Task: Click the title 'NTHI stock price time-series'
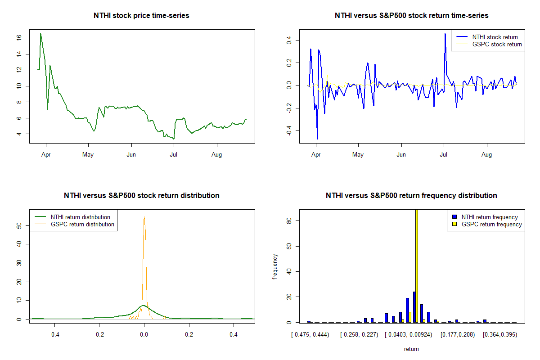coord(141,15)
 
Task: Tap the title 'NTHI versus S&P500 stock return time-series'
coord(411,15)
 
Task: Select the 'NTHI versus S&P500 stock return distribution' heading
coord(141,195)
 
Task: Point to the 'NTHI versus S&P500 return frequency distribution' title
coord(411,195)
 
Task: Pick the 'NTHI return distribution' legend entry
coord(81,217)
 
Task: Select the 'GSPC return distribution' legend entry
coord(82,224)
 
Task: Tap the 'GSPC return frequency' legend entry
coord(492,224)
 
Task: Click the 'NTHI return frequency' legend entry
coord(490,217)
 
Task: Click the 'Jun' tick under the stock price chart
coord(131,154)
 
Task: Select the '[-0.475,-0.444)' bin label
coord(310,335)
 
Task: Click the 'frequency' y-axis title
coord(275,266)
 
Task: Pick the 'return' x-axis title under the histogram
coord(411,349)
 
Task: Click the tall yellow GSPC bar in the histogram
coord(417,265)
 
